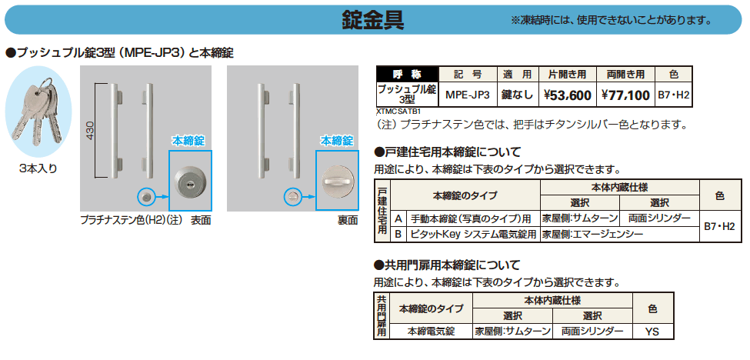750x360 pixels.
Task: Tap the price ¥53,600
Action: pyautogui.click(x=567, y=95)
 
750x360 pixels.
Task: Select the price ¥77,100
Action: pyautogui.click(x=625, y=95)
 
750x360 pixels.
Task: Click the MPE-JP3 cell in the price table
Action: pyautogui.click(x=468, y=95)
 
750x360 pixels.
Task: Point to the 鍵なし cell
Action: pyautogui.click(x=517, y=95)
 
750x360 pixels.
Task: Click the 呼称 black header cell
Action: pyautogui.click(x=407, y=75)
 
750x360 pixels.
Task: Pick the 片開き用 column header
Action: pyautogui.click(x=567, y=75)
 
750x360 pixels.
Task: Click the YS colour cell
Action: pyautogui.click(x=652, y=332)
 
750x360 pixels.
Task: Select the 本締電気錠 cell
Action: pyautogui.click(x=431, y=332)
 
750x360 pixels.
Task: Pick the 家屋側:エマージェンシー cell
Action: pyautogui.click(x=592, y=233)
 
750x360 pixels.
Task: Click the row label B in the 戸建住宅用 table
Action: pyautogui.click(x=398, y=233)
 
